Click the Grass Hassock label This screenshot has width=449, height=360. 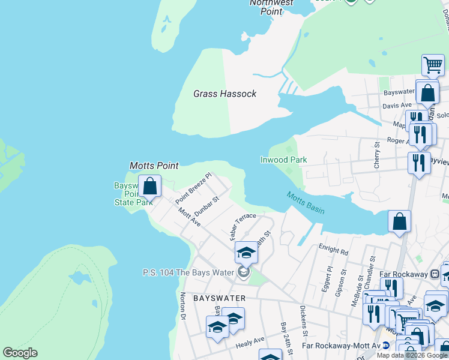coord(224,94)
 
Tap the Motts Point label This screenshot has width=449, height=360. coord(154,166)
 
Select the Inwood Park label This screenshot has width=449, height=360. coord(283,160)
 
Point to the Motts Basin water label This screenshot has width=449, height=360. coord(306,202)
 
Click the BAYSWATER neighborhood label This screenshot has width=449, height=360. coord(219,298)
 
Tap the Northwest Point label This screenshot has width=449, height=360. coord(272,7)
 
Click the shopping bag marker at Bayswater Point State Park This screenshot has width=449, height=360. coord(149,187)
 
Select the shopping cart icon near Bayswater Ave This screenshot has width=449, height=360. coord(432,65)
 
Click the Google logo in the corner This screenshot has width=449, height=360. coord(20,353)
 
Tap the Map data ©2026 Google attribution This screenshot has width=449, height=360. coord(412,355)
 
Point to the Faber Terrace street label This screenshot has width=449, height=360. coord(243,226)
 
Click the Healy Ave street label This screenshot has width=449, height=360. coord(250,340)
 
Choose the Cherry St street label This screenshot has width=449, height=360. coord(377,154)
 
